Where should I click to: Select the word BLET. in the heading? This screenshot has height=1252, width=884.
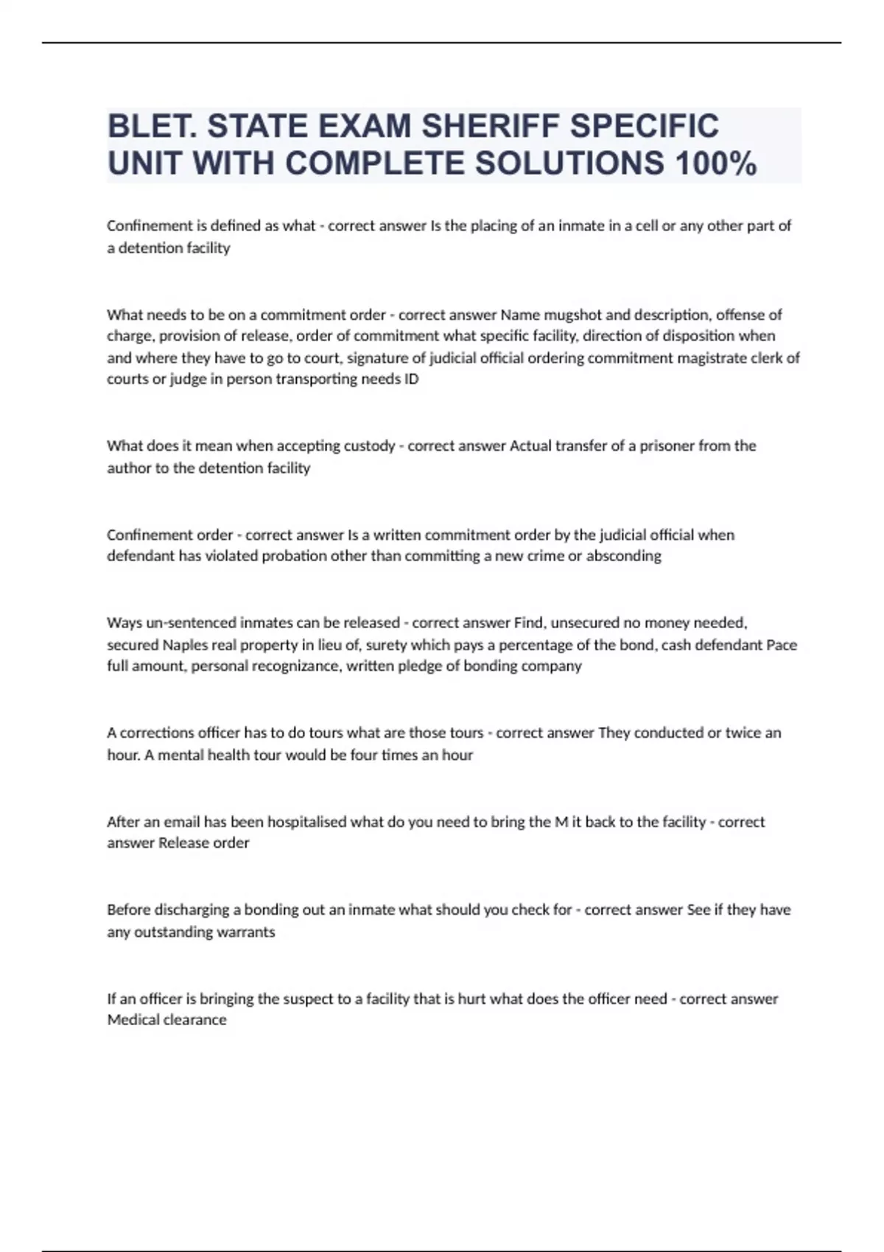(152, 126)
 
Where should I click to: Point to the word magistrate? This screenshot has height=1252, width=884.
(725, 358)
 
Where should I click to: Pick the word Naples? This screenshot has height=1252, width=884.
(185, 644)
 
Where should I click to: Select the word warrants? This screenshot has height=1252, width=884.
(245, 932)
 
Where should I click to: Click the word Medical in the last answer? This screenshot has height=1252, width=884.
(132, 1020)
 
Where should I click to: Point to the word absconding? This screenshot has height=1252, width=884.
(623, 556)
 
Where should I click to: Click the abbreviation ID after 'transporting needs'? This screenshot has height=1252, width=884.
(412, 379)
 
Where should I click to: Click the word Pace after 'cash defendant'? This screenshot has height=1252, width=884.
(782, 644)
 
